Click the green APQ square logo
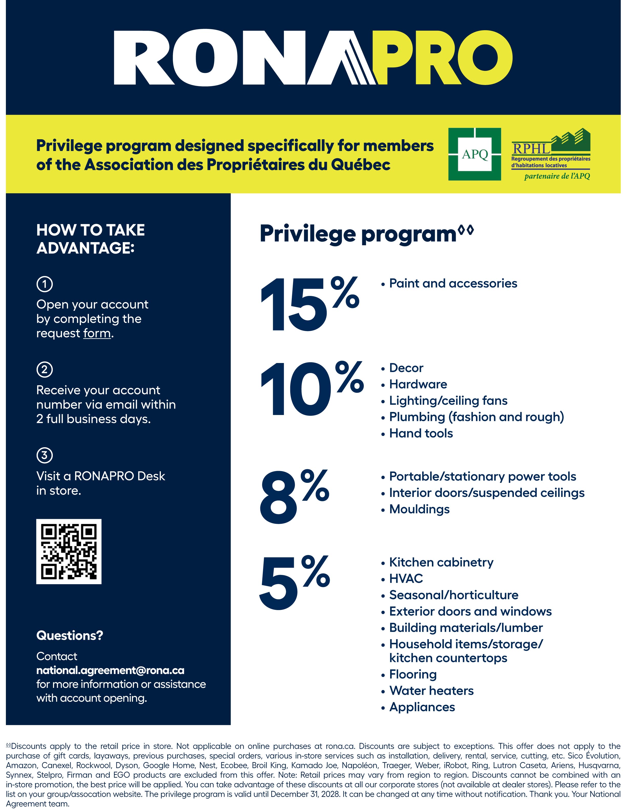[x=475, y=154]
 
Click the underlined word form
[x=97, y=333]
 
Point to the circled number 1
[x=45, y=284]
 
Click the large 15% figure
[x=309, y=304]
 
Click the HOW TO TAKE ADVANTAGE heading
[x=90, y=239]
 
